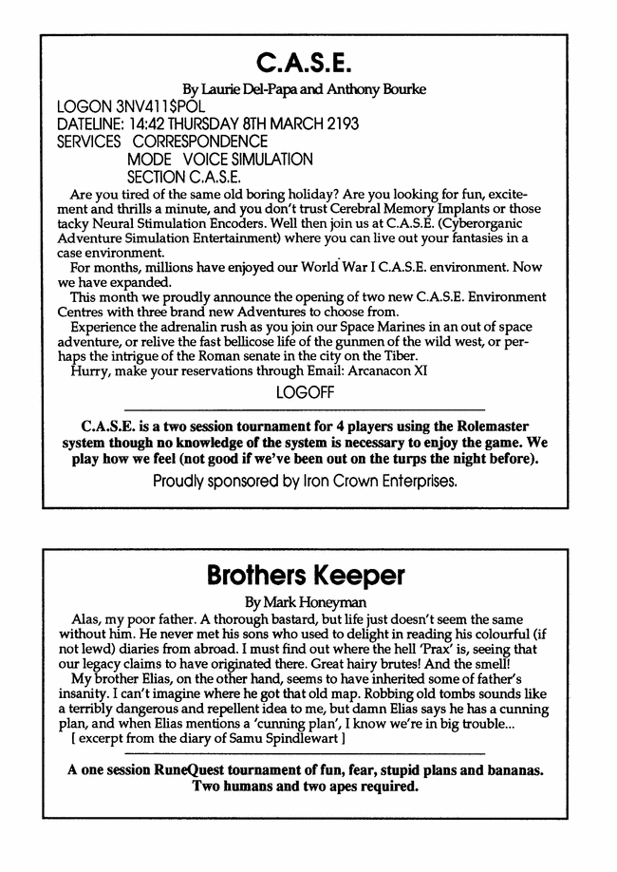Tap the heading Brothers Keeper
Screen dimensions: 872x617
click(307, 577)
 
